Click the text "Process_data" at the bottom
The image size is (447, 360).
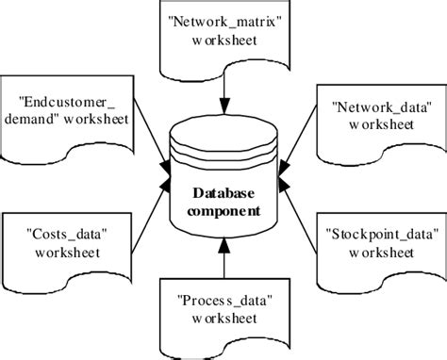click(223, 302)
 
